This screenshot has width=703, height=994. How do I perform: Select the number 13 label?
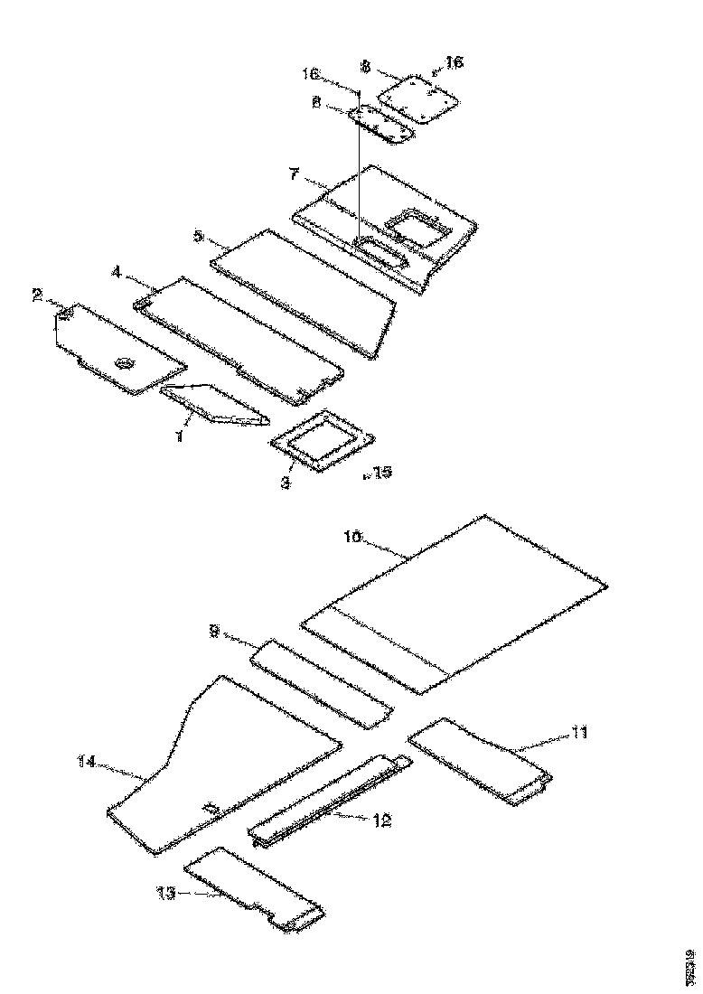(x=164, y=893)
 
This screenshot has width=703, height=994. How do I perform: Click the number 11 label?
(x=577, y=733)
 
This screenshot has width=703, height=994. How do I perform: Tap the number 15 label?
(x=381, y=472)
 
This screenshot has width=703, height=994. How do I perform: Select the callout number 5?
(x=199, y=237)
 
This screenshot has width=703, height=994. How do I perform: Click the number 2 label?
(x=38, y=294)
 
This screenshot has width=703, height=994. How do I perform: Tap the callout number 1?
(x=179, y=436)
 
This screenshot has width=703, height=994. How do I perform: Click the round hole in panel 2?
(x=123, y=363)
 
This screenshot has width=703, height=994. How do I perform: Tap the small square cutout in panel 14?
(x=211, y=804)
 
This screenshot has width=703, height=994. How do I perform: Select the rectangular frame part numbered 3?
(x=323, y=442)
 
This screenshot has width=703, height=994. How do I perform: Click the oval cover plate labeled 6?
(x=381, y=123)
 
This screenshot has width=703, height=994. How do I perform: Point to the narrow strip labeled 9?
(x=321, y=682)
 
